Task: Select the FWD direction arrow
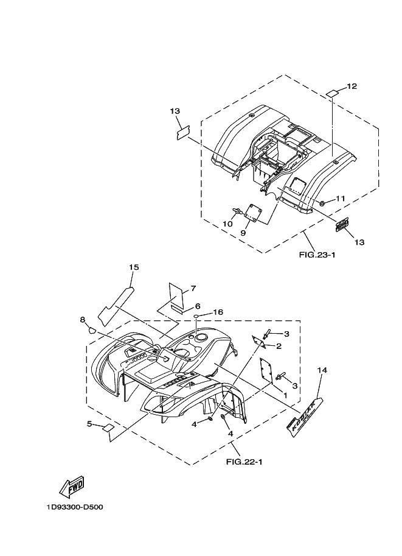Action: pos(71,487)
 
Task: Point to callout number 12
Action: pos(351,86)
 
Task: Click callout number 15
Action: pos(134,267)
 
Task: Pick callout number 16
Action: pos(218,312)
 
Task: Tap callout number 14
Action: pos(322,370)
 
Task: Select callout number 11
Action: pos(340,199)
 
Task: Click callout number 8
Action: pos(83,319)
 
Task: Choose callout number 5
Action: pos(89,423)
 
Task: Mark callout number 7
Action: pos(192,288)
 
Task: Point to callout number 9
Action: pos(242,233)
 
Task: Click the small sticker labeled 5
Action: pos(107,428)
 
